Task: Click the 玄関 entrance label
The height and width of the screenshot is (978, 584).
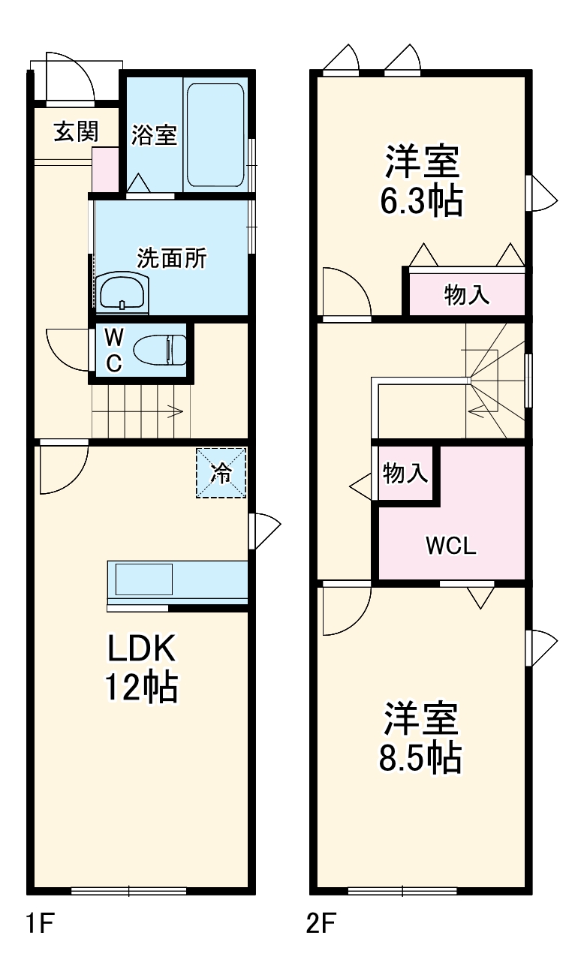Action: click(76, 132)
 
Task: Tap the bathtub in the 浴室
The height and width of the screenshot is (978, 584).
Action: click(215, 135)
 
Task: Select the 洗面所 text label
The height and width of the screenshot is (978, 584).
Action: click(172, 258)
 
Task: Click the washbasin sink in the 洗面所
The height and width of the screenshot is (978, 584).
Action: click(122, 290)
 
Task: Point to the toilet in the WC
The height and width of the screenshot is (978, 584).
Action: click(159, 350)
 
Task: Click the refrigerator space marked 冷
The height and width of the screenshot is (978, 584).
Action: click(221, 472)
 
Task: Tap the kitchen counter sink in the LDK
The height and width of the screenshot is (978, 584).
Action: click(143, 579)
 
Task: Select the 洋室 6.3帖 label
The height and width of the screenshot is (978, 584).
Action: click(421, 180)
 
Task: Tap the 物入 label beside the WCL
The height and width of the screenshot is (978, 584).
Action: click(405, 474)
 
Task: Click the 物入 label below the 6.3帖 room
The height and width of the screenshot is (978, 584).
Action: click(467, 295)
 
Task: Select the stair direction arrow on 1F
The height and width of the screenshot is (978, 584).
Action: click(174, 411)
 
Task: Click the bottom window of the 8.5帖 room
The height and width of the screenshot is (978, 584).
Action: click(403, 891)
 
